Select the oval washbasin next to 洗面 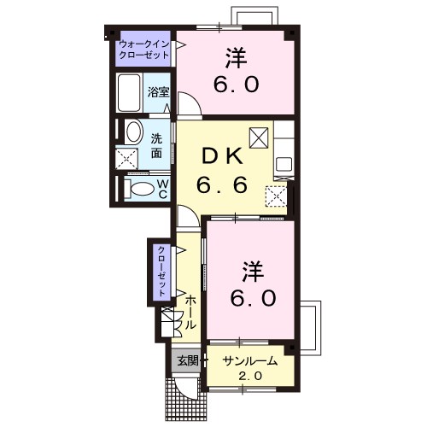click(132, 132)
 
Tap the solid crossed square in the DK click(259, 136)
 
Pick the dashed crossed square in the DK click(276, 196)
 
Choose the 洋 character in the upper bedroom click(237, 58)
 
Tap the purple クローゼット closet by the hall click(160, 271)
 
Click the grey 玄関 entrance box click(187, 360)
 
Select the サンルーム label click(249, 361)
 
